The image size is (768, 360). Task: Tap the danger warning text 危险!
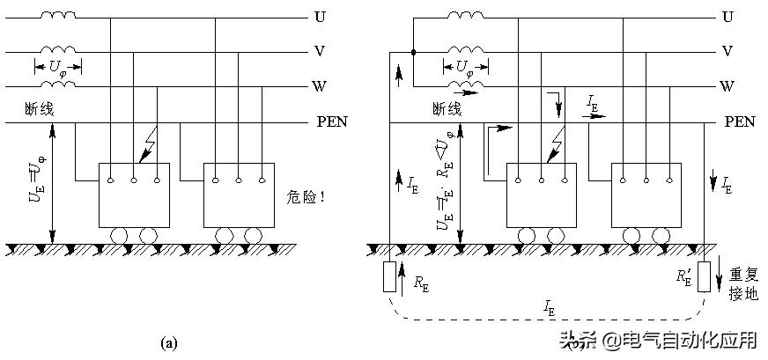306,197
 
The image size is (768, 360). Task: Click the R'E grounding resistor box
705,276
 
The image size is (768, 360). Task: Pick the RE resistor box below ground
389,276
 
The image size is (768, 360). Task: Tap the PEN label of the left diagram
331,121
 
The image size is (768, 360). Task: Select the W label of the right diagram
727,86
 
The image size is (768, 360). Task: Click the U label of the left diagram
319,17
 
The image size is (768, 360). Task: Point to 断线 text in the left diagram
41,110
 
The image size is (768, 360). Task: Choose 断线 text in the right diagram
447,110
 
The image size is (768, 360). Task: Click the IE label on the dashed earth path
549,309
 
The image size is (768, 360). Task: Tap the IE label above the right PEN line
592,104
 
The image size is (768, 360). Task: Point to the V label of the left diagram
319,51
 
